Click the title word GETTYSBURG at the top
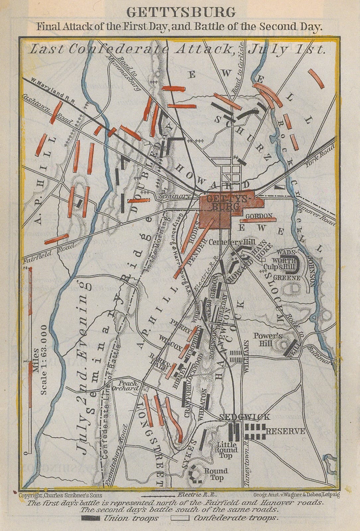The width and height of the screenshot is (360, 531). pyautogui.click(x=181, y=12)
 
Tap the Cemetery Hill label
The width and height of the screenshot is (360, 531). pyautogui.click(x=229, y=242)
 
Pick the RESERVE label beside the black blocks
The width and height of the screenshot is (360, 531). pyautogui.click(x=285, y=431)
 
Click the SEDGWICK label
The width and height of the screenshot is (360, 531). pyautogui.click(x=245, y=417)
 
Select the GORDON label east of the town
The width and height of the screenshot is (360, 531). pyautogui.click(x=259, y=216)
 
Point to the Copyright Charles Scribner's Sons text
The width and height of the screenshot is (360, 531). pyautogui.click(x=60, y=495)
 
